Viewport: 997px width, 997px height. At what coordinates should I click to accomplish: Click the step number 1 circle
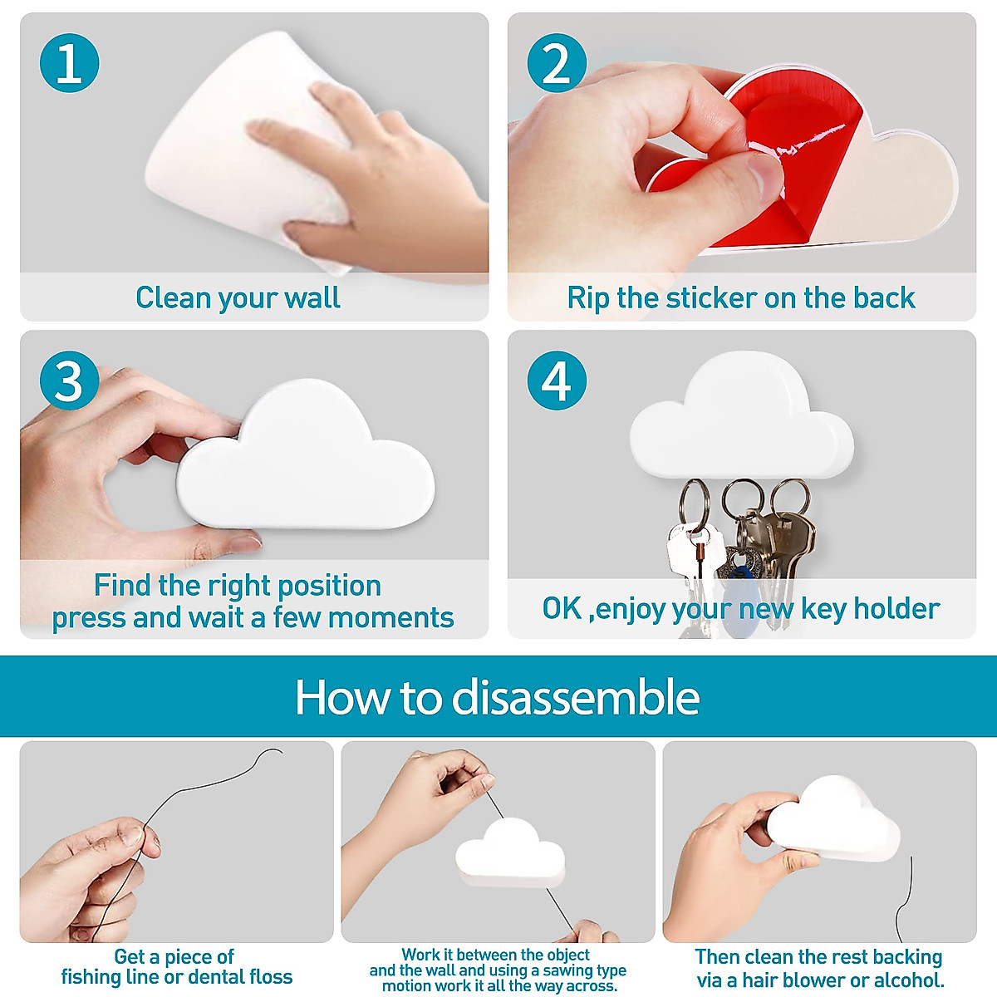pos(69,63)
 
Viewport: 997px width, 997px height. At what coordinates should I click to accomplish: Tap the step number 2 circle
pos(557,63)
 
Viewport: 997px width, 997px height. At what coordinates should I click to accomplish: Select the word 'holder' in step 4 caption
pos(900,609)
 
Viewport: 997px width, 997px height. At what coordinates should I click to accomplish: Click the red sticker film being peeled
pos(798,166)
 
